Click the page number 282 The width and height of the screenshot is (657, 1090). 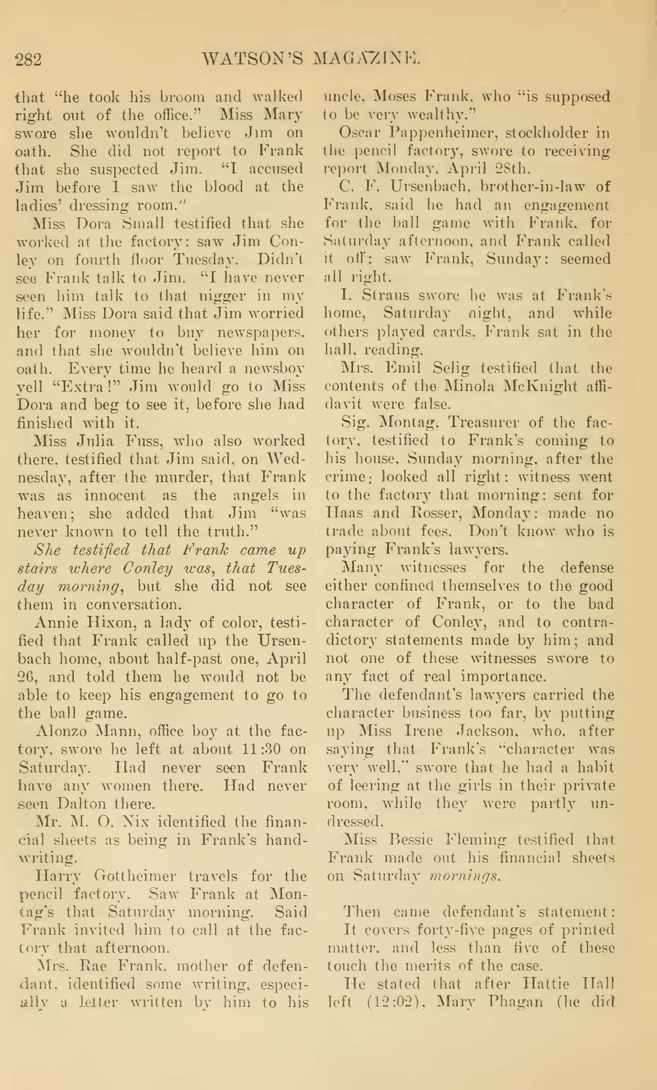pyautogui.click(x=28, y=59)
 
